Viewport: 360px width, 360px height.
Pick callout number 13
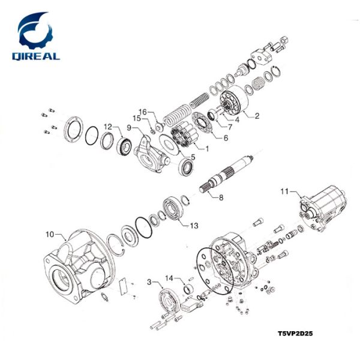click(x=193, y=226)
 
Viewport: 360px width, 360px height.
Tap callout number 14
click(x=170, y=278)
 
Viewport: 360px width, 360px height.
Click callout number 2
click(x=257, y=115)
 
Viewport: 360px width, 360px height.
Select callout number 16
click(x=143, y=112)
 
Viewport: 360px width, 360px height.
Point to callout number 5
click(x=193, y=157)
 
